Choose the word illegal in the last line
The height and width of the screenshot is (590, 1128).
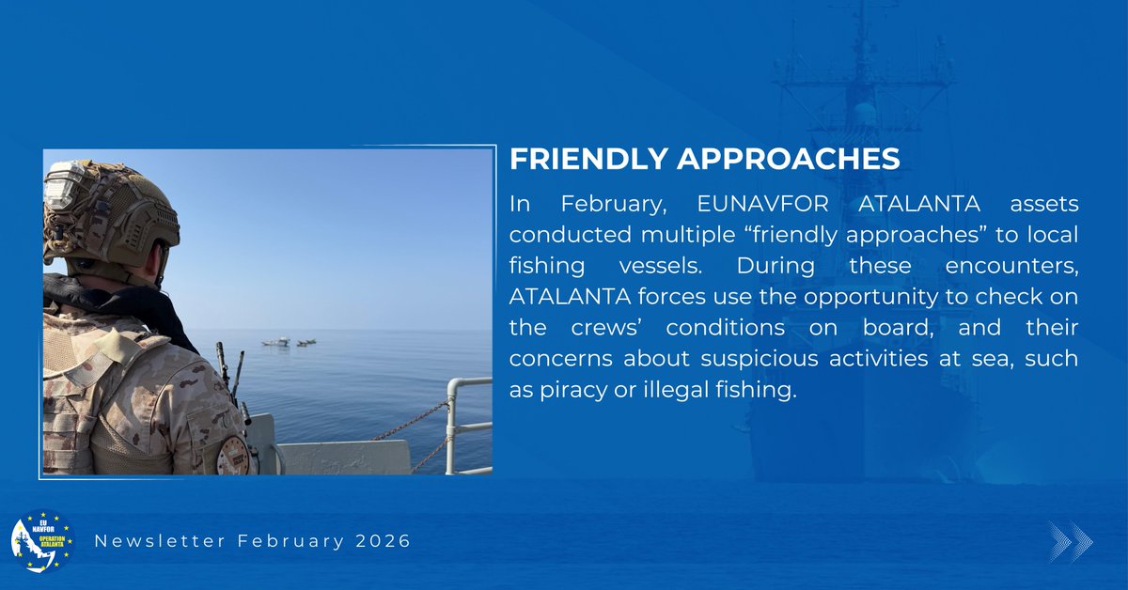pyautogui.click(x=669, y=390)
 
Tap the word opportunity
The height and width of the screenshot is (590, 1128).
pyautogui.click(x=815, y=298)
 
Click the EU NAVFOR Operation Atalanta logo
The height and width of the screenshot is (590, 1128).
pyautogui.click(x=41, y=542)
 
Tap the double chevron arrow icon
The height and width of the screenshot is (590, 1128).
pyautogui.click(x=1071, y=542)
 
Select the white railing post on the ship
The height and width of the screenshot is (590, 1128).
pyautogui.click(x=451, y=423)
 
